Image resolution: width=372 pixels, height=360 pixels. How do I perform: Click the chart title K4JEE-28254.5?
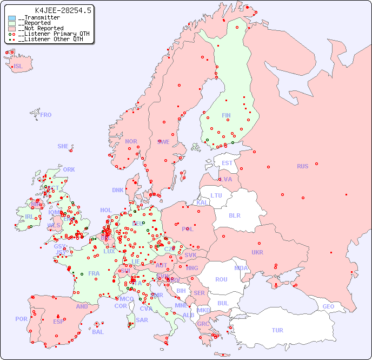[63, 10]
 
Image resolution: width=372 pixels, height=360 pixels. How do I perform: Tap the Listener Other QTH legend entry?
[50, 39]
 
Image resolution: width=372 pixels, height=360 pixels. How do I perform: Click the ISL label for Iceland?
[18, 67]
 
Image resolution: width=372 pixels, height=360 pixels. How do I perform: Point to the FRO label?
[46, 115]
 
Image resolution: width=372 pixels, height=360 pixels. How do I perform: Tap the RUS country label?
[302, 166]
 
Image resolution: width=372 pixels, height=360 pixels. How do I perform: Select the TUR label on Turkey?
[277, 330]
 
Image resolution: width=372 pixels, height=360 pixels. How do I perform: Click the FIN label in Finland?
[226, 115]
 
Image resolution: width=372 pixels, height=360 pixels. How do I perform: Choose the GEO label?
[328, 306]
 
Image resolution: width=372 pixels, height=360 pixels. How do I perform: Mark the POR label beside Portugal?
[21, 319]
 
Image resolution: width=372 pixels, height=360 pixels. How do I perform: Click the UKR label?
[257, 252]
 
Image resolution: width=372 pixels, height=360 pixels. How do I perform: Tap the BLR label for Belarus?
[234, 215]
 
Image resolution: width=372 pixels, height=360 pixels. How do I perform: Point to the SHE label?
[63, 146]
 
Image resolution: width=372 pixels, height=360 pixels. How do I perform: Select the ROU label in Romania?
[221, 279]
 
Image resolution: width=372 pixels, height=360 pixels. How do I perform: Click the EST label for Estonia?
[227, 163]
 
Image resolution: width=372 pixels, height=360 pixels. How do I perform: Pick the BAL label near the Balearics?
[98, 332]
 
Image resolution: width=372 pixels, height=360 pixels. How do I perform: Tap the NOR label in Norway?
[131, 141]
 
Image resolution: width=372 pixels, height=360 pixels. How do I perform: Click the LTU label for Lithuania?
[216, 195]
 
